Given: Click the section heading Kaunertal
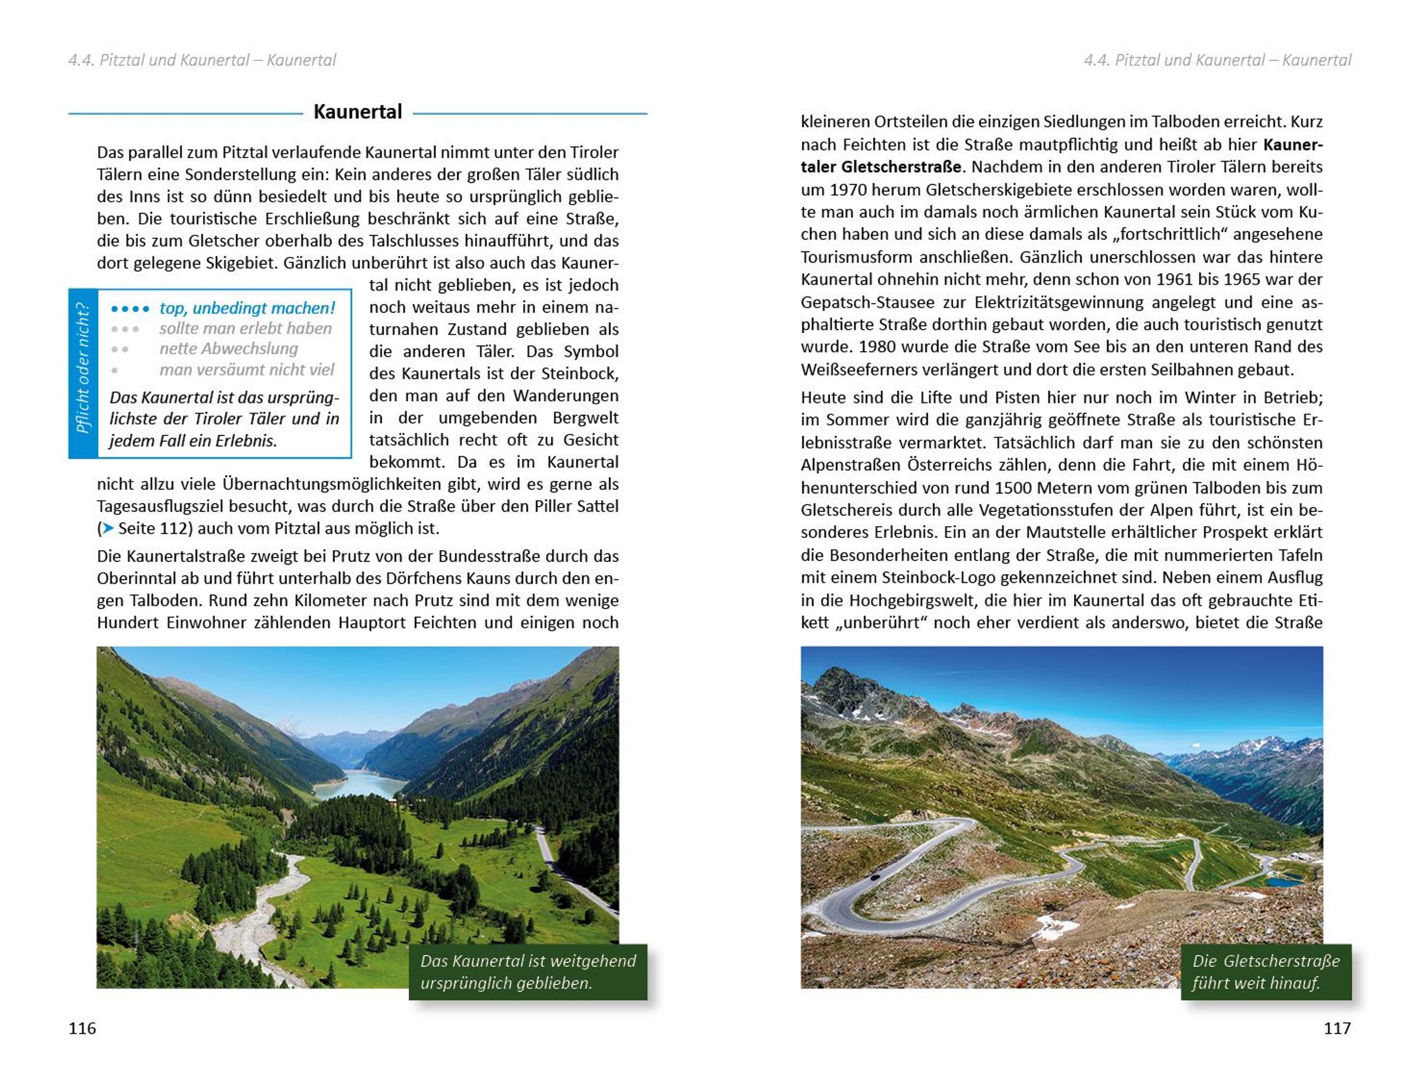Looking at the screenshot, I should coord(357,112).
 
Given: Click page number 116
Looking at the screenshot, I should coord(82,1028).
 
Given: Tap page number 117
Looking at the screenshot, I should coord(1337,1028).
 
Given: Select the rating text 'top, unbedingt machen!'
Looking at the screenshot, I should coord(247,308).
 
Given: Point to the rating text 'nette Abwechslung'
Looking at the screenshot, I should coord(229,349).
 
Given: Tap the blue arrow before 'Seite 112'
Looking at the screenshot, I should coord(109,528).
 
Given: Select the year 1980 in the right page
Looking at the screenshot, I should coord(877,347).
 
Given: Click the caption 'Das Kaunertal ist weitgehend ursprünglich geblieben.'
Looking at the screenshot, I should coord(528,971).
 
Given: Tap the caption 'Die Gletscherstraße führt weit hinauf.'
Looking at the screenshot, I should coord(1266,971).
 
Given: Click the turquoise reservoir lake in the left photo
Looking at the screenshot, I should coord(360,784).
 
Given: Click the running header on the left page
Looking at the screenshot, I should coord(202,60).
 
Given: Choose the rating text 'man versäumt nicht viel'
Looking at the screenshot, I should coord(247,370).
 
